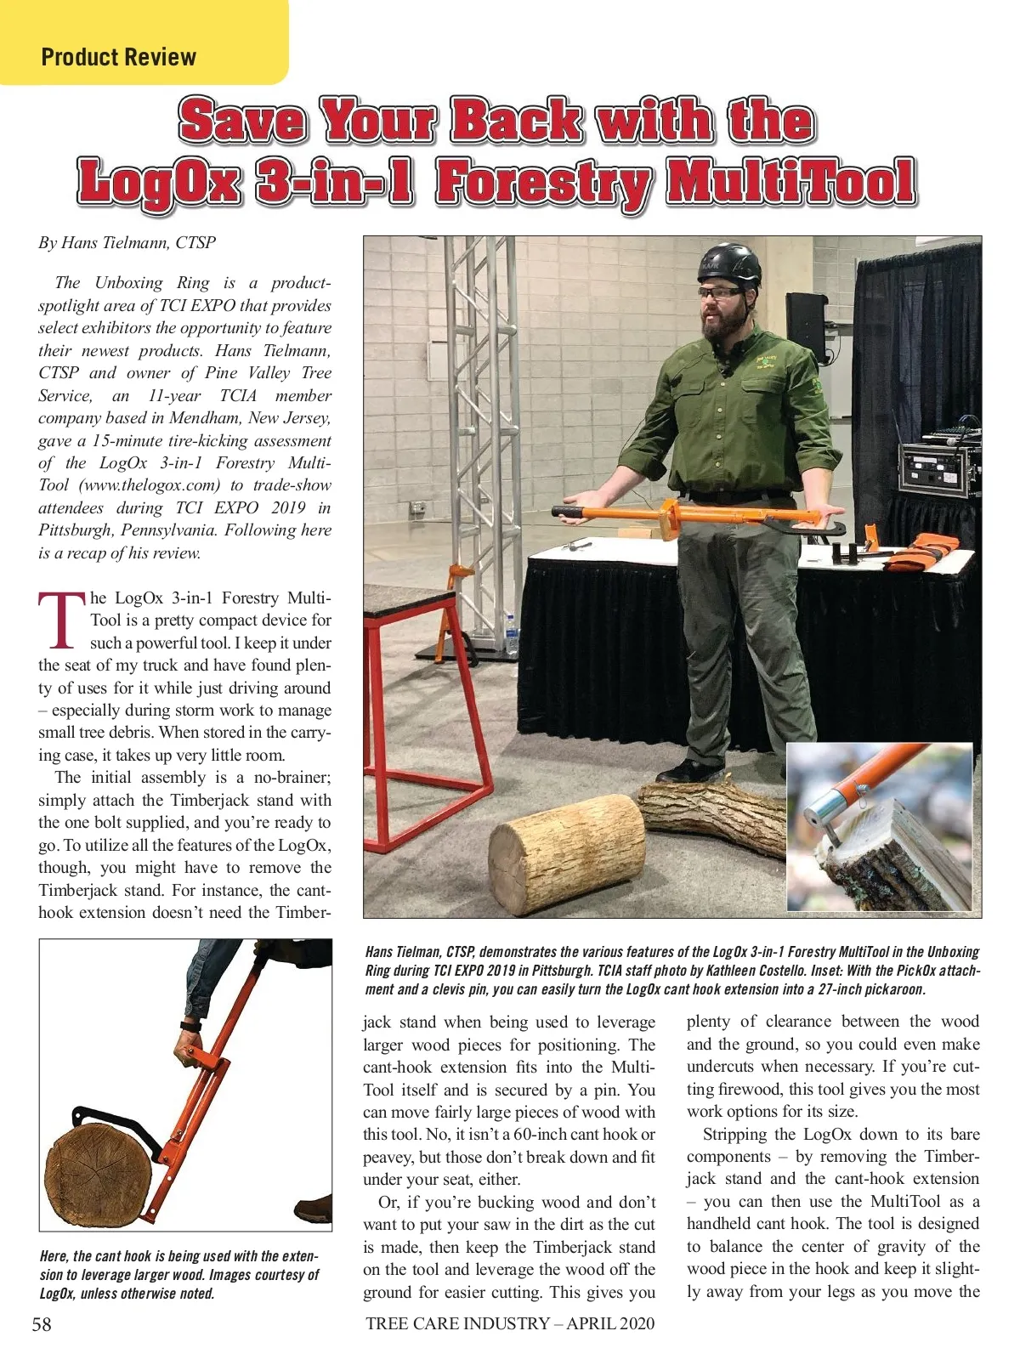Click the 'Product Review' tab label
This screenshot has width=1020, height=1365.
pyautogui.click(x=118, y=58)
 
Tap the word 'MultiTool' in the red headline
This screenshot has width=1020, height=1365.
pyautogui.click(x=790, y=181)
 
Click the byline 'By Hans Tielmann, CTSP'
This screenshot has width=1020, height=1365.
pyautogui.click(x=127, y=243)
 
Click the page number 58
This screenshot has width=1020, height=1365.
pyautogui.click(x=42, y=1323)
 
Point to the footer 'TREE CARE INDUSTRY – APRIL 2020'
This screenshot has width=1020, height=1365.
pyautogui.click(x=510, y=1323)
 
